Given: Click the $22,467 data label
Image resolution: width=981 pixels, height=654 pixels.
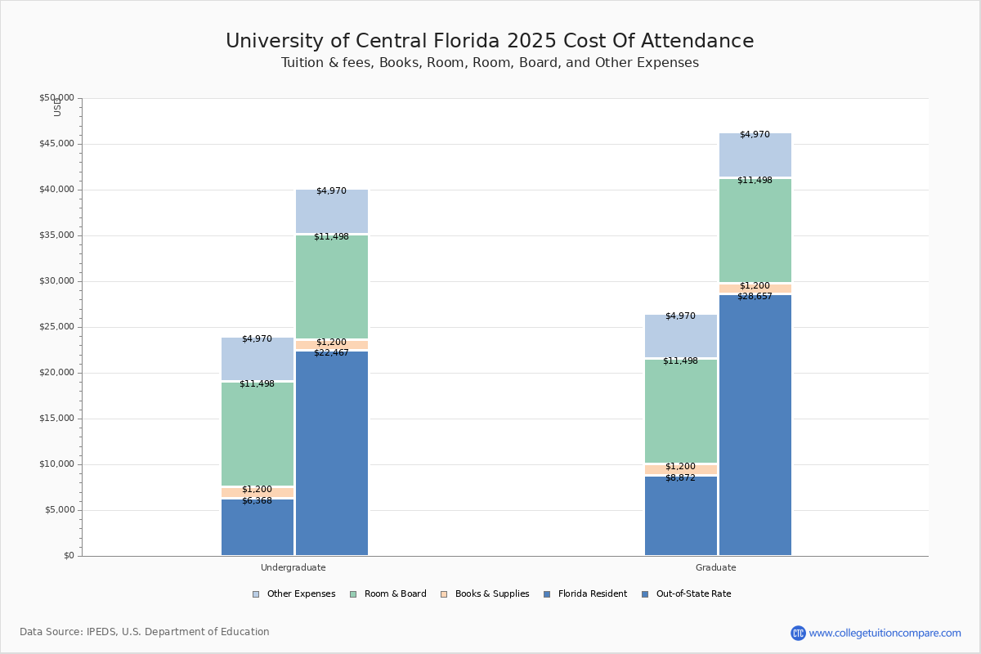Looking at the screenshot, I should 331,353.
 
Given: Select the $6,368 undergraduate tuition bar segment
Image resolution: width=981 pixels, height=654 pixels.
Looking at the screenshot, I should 258,527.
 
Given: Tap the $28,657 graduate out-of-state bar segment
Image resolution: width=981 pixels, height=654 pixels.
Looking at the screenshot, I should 755,425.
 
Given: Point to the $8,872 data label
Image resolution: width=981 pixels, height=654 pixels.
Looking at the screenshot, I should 680,478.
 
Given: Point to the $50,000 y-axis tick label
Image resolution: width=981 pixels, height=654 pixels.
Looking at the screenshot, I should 56,98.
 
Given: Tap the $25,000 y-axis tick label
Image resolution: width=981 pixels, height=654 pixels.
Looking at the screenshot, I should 56,327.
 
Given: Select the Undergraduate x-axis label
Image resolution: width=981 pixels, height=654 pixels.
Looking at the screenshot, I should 293,567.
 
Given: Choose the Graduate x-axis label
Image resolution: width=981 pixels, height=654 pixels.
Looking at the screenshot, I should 716,567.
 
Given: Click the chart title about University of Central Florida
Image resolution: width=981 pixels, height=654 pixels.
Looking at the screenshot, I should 490,42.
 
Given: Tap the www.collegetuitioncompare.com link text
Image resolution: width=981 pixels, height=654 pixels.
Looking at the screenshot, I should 885,633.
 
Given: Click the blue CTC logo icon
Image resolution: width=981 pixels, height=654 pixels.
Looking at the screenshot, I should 798,633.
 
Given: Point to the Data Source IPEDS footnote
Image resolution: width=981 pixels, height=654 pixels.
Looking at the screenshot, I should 145,632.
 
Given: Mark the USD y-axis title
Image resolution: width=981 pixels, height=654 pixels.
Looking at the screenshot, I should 57,107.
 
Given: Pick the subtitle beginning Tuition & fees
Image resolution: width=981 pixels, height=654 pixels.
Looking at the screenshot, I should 490,63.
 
